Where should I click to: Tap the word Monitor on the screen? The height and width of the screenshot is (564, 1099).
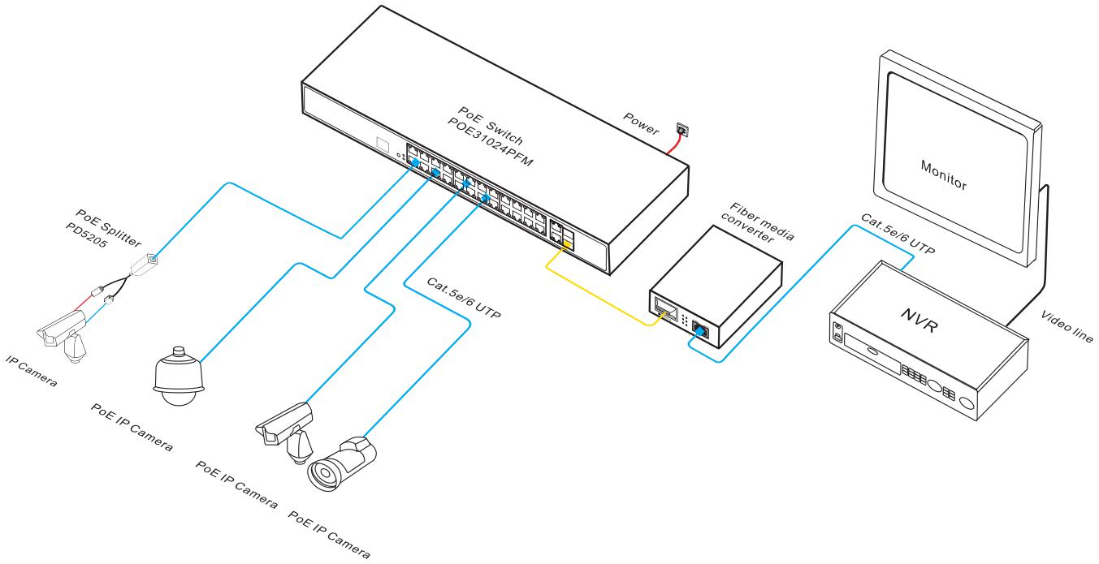pyautogui.click(x=943, y=174)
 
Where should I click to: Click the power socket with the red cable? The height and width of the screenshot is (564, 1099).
pyautogui.click(x=680, y=130)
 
